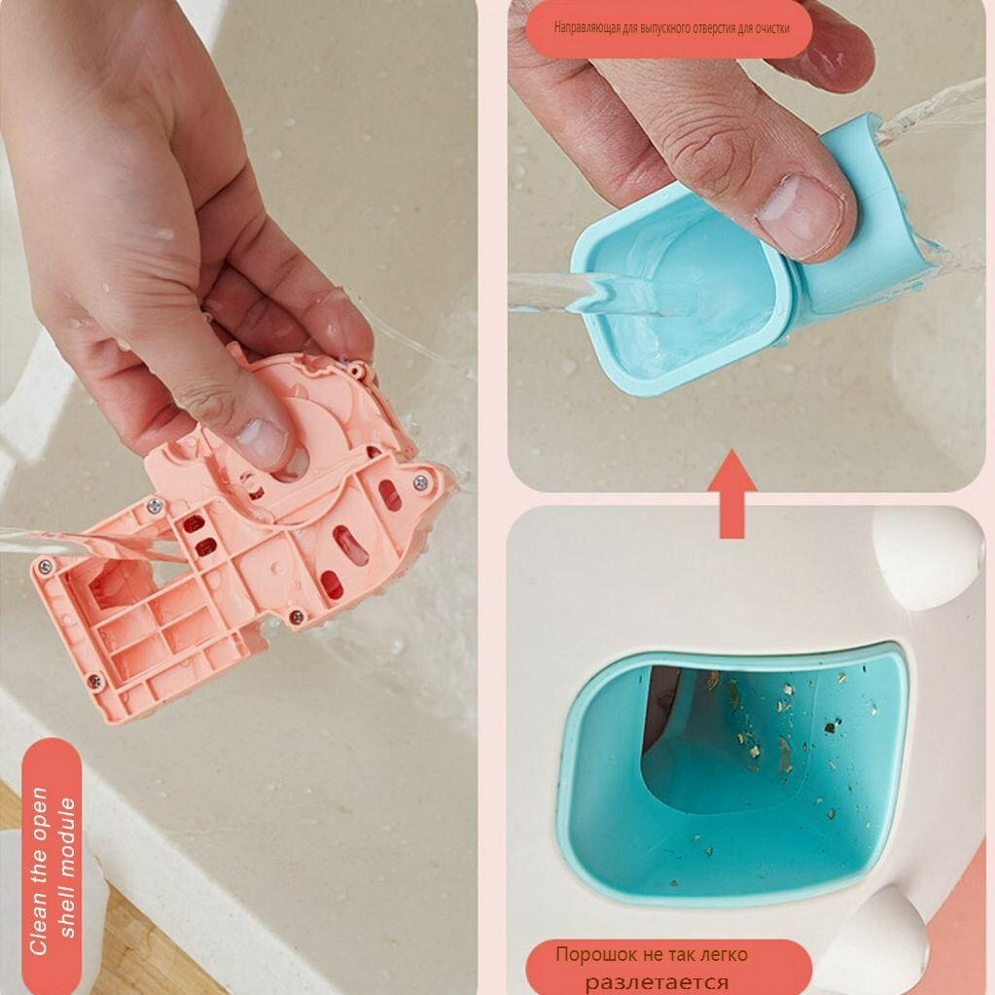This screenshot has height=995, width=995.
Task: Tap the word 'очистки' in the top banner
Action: [x=773, y=28]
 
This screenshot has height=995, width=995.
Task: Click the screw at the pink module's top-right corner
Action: [x=420, y=482]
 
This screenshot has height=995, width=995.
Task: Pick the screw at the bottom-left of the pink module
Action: [x=95, y=682]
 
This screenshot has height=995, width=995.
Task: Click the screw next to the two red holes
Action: [x=155, y=506]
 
